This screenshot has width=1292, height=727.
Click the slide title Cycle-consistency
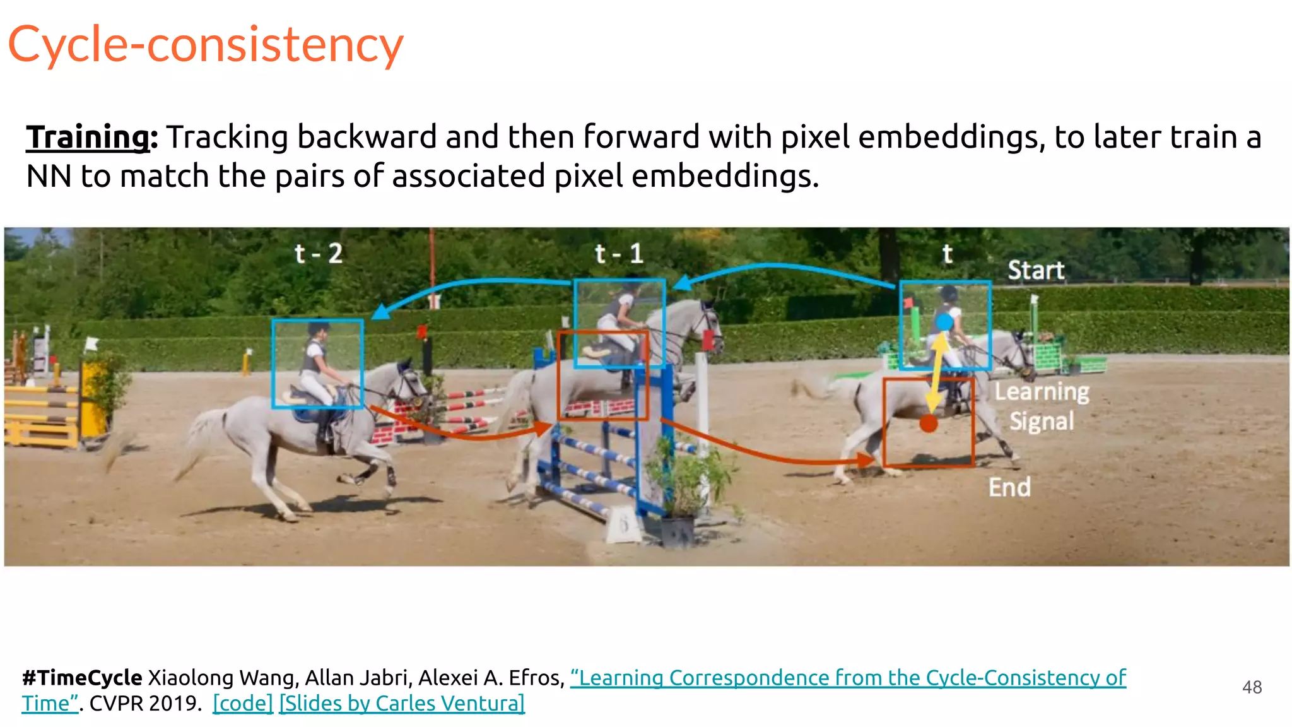click(x=206, y=45)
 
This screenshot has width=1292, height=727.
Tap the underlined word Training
click(x=88, y=137)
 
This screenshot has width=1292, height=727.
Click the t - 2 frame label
click(x=319, y=254)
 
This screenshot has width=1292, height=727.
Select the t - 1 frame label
click(x=619, y=254)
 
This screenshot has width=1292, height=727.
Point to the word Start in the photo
click(x=1036, y=270)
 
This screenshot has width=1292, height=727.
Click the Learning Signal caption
click(x=1042, y=406)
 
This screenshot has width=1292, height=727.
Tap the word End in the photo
click(x=1009, y=487)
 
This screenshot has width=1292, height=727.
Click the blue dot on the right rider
click(x=944, y=322)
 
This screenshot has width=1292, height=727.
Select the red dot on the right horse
click(x=929, y=423)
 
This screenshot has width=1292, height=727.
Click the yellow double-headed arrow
click(x=937, y=372)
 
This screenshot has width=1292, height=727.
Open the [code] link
click(x=243, y=703)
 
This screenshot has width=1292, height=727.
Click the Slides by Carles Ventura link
click(x=402, y=703)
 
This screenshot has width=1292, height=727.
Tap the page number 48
click(x=1252, y=687)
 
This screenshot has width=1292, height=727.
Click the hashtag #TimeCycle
click(x=82, y=678)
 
